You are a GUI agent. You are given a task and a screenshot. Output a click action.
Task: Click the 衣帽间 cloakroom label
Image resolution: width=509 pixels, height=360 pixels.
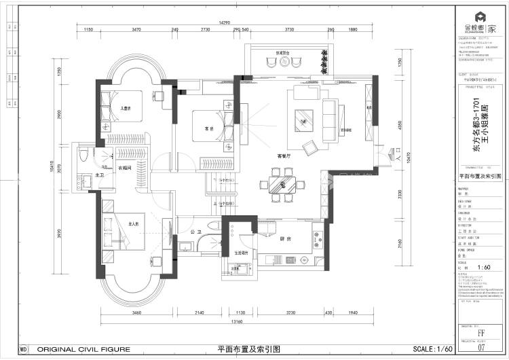125,168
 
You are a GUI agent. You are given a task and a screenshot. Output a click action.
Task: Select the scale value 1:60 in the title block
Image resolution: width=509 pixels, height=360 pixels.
483,267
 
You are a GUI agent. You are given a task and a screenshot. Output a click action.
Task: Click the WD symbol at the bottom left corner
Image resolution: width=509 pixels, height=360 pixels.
23,349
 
